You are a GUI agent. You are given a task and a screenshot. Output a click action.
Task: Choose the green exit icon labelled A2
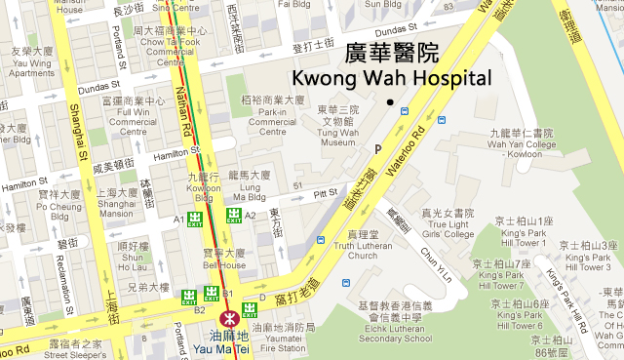pyautogui.click(x=234, y=215)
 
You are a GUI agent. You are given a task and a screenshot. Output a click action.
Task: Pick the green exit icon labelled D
pyautogui.click(x=250, y=310)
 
